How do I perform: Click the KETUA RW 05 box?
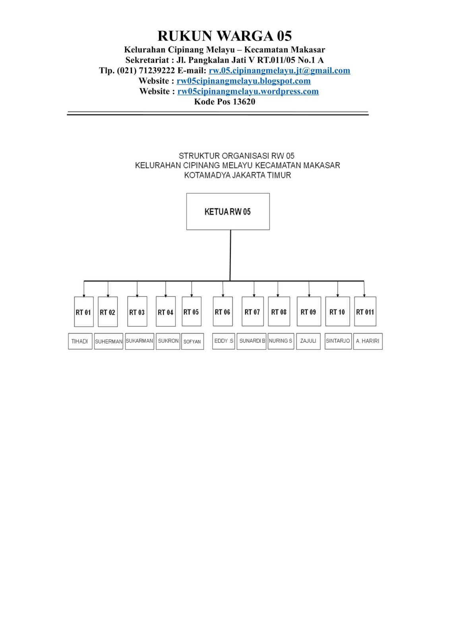point(228,212)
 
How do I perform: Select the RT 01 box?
point(83,312)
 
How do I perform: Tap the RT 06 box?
point(223,312)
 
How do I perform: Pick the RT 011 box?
point(365,312)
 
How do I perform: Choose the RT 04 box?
point(165,312)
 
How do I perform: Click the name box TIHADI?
point(80,341)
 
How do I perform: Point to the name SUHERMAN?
point(108,341)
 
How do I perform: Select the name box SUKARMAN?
point(139,341)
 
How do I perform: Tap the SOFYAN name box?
point(192,341)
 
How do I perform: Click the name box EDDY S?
point(224,341)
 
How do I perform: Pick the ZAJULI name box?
point(308,341)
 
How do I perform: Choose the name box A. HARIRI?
point(368,341)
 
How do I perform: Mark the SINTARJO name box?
point(338,341)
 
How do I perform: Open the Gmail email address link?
point(279,71)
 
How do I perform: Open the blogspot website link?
point(244,81)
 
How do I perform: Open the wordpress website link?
point(248,91)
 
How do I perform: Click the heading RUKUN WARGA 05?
point(224,36)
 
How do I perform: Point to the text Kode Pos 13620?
point(224,102)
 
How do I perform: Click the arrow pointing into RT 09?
point(309,294)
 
